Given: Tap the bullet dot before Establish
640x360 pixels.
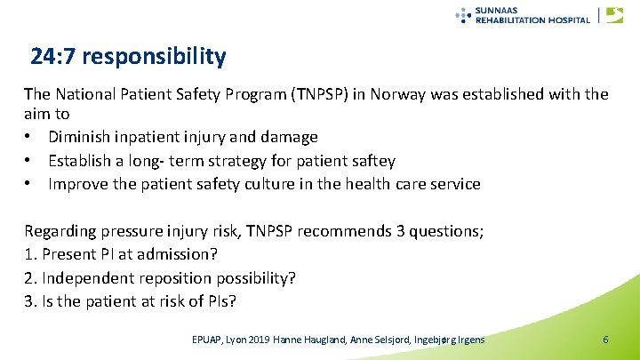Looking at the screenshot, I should pyautogui.click(x=30, y=161).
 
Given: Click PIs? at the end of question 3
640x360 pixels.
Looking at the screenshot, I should pyautogui.click(x=219, y=300).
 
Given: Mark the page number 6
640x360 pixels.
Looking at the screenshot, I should pyautogui.click(x=605, y=340).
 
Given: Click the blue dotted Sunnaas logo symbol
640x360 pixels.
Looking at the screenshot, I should pyautogui.click(x=463, y=14).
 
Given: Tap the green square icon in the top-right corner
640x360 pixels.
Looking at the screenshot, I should pyautogui.click(x=614, y=15).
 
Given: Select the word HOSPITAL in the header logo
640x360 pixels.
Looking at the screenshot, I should pyautogui.click(x=567, y=20).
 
